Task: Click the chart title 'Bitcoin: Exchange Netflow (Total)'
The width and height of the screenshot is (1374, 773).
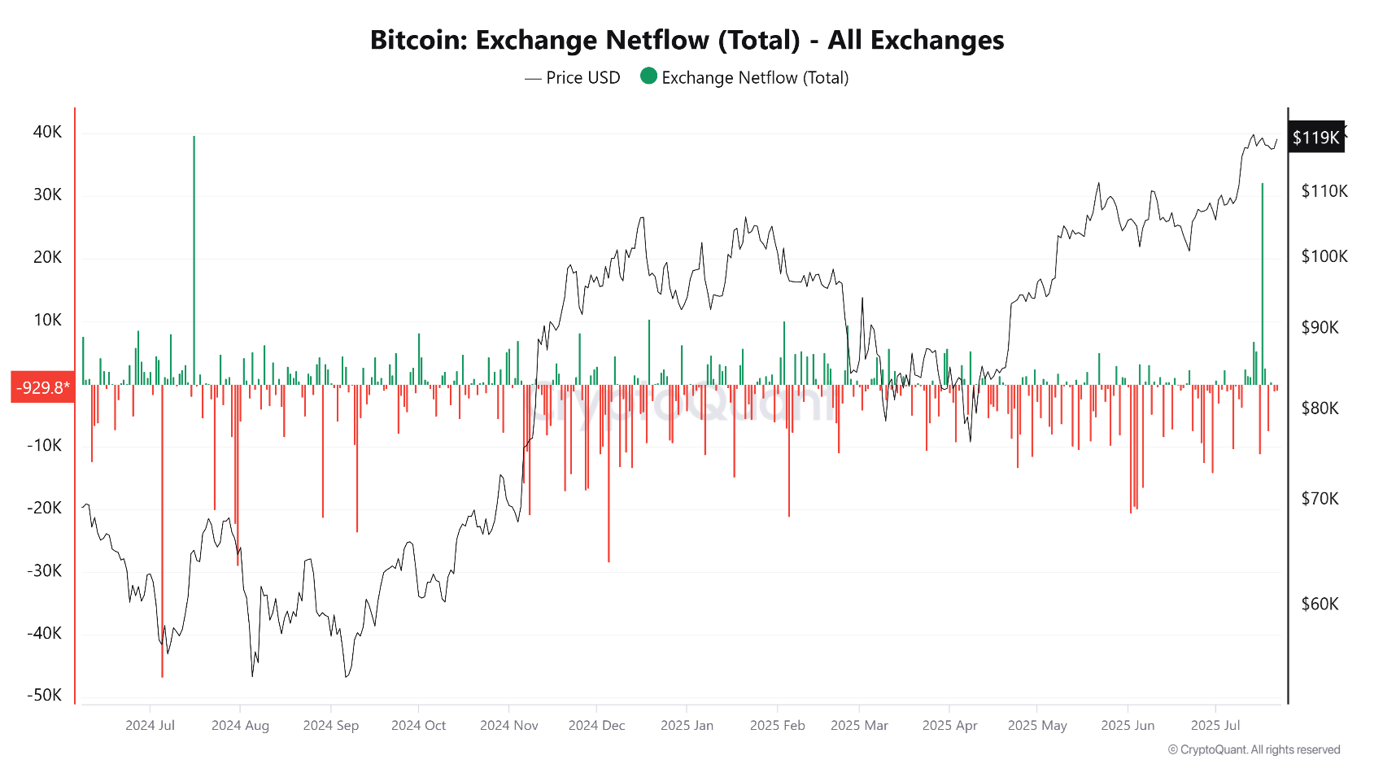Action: [x=687, y=40]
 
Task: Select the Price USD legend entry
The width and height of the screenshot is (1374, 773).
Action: [x=573, y=78]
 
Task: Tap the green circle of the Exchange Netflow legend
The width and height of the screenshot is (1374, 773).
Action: [x=648, y=76]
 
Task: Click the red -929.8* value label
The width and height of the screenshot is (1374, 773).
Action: [x=42, y=387]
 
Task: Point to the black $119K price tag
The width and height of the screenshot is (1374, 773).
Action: [x=1315, y=138]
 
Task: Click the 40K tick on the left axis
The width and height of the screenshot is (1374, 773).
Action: [x=47, y=132]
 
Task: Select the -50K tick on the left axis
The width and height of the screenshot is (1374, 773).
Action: [x=45, y=695]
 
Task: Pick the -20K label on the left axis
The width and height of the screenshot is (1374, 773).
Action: [x=45, y=508]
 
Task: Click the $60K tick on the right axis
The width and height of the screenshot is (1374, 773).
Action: [x=1319, y=604]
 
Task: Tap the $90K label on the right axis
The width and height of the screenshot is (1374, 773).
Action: [x=1319, y=327]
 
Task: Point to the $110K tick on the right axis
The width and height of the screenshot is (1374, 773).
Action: [x=1324, y=191]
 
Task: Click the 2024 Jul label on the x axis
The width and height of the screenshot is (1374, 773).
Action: [x=150, y=725]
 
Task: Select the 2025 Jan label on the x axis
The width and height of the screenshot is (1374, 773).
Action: [x=687, y=725]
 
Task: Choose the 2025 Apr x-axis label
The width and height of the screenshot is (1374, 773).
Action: [x=949, y=725]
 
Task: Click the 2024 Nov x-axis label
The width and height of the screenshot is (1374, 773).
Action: [x=508, y=725]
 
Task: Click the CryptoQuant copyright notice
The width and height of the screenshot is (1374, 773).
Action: [x=1254, y=749]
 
